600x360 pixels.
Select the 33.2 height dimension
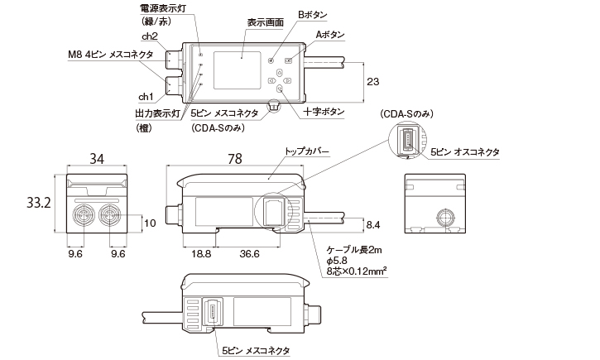[39, 202]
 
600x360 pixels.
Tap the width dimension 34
[97, 160]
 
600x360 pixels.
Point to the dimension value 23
[373, 83]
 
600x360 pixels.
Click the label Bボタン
[311, 15]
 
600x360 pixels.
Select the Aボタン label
[330, 35]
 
